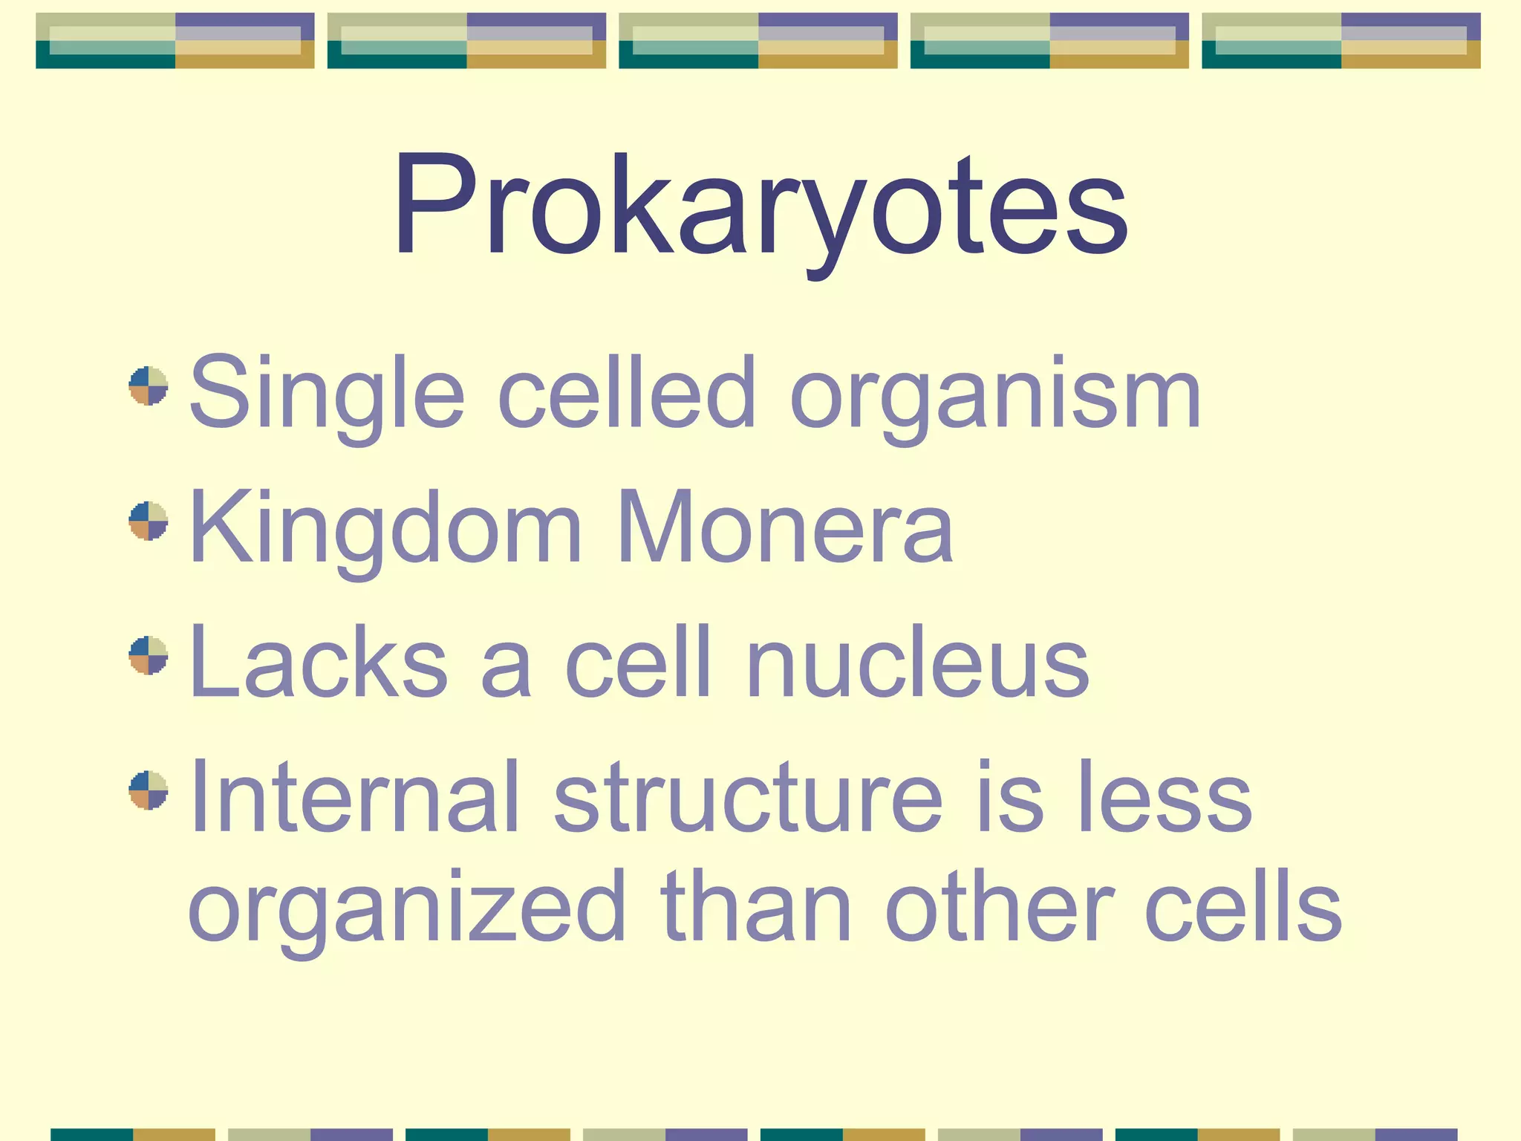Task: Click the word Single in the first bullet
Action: tap(327, 394)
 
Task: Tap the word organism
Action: tap(995, 394)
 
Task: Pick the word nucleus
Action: tap(918, 663)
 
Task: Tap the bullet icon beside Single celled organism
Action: tap(149, 386)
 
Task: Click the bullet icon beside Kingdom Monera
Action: tap(149, 521)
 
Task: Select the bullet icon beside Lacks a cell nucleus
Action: tap(149, 655)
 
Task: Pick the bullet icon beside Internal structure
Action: tap(149, 790)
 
